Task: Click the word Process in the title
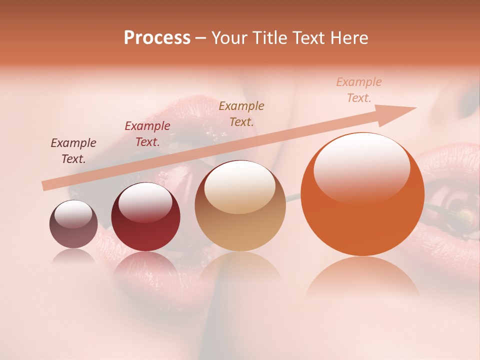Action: point(157,37)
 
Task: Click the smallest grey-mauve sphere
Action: point(73,224)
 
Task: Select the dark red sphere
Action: point(145,217)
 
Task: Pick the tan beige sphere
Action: point(240,206)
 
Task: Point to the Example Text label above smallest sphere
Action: point(73,151)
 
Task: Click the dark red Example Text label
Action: point(147,134)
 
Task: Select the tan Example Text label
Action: point(241,113)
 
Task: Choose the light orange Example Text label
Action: point(358,90)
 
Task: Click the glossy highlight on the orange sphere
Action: point(361,166)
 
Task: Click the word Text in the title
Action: point(307,37)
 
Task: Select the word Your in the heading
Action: point(229,37)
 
